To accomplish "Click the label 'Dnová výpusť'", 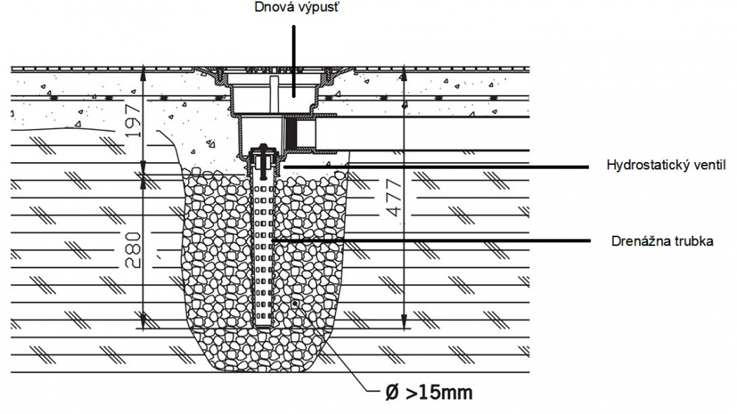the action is [x=296, y=7].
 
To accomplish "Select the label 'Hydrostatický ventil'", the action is [x=666, y=165].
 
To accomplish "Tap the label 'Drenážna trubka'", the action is [x=663, y=241].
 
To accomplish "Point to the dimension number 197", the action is [x=134, y=121].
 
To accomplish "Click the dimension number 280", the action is [x=134, y=250].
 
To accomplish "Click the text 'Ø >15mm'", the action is [x=429, y=393].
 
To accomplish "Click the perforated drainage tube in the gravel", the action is [x=264, y=253].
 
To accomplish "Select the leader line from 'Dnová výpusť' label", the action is [x=294, y=61].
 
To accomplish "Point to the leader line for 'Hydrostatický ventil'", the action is [x=436, y=167].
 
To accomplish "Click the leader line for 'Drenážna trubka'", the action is [x=430, y=241].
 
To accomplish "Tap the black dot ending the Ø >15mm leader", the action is [x=296, y=304].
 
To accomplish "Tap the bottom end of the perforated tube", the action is [x=264, y=325].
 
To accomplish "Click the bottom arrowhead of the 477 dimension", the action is [x=403, y=323].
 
